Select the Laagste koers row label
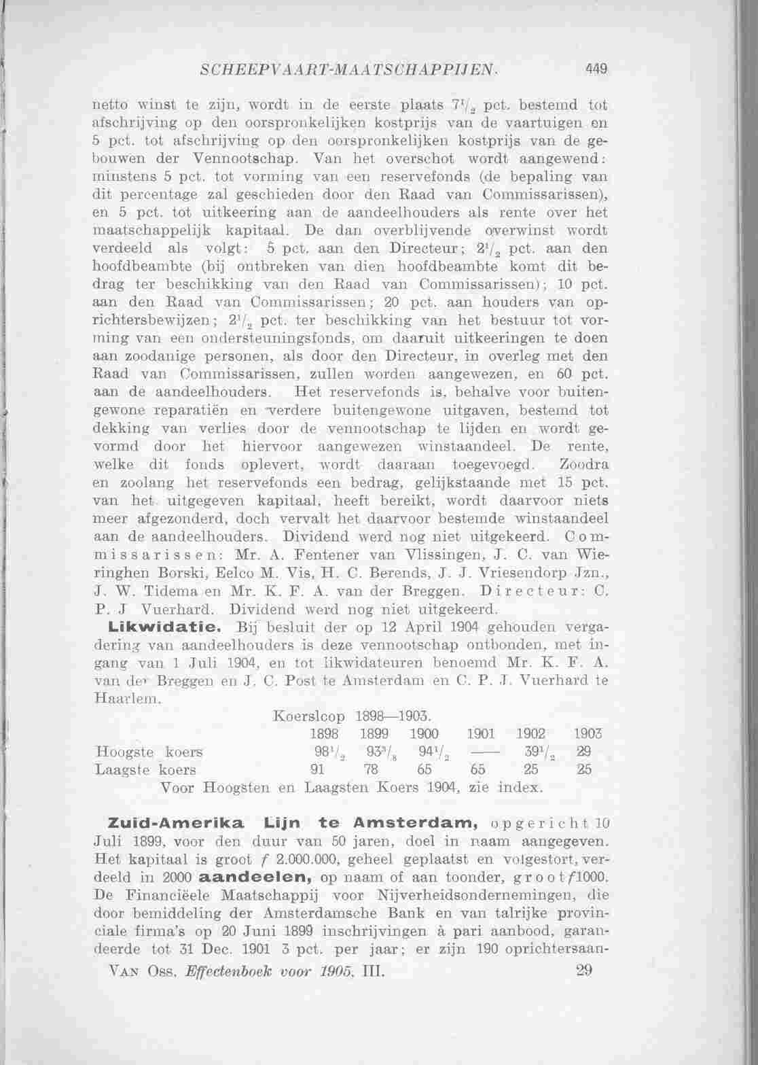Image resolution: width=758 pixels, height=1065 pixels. (x=147, y=770)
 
